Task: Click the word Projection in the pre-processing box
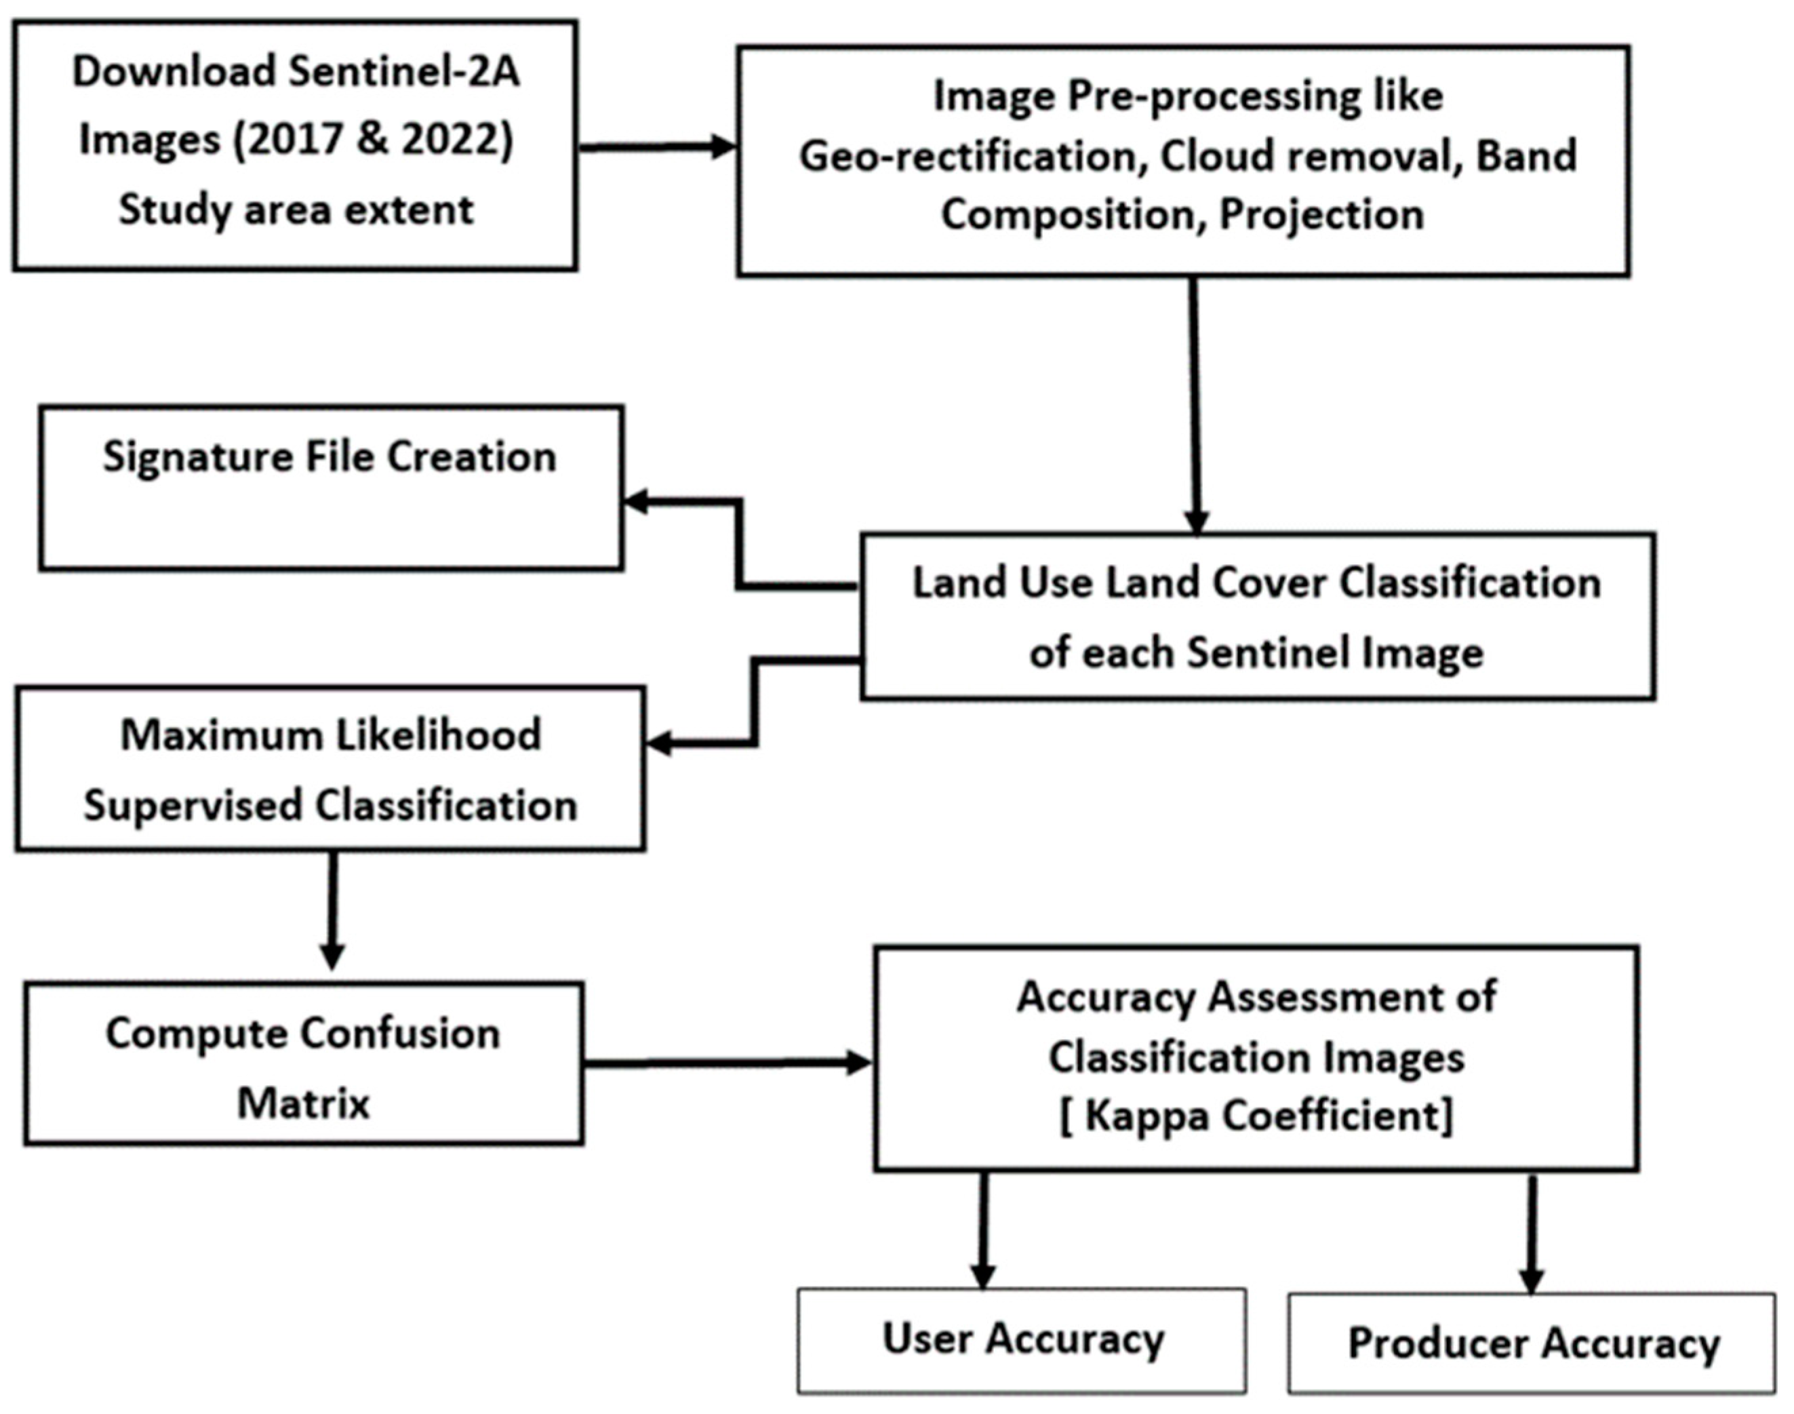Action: pyautogui.click(x=1321, y=215)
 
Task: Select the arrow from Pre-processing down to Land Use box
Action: pyautogui.click(x=1195, y=406)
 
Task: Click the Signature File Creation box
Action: pyautogui.click(x=331, y=488)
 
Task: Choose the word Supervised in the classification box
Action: pyautogui.click(x=192, y=806)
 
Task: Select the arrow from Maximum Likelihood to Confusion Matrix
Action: pyautogui.click(x=332, y=911)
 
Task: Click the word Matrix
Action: pyautogui.click(x=303, y=1103)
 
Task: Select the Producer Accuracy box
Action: pyautogui.click(x=1532, y=1343)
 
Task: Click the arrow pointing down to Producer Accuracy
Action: pyautogui.click(x=1532, y=1234)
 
